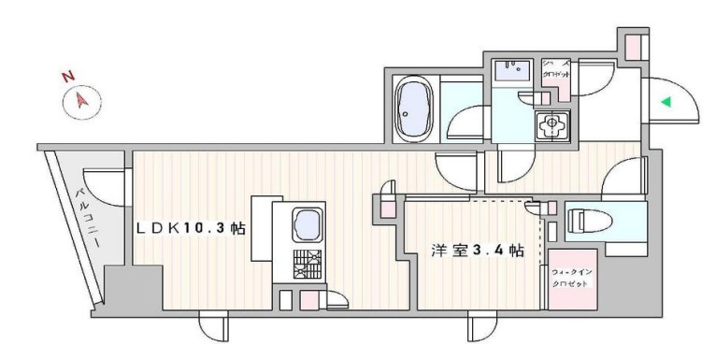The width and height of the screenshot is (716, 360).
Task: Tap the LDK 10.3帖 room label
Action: click(191, 228)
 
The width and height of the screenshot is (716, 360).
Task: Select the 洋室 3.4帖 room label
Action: click(476, 252)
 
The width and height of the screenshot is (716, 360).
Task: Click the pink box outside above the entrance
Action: click(635, 43)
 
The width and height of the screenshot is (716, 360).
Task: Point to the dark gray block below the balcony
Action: click(118, 286)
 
